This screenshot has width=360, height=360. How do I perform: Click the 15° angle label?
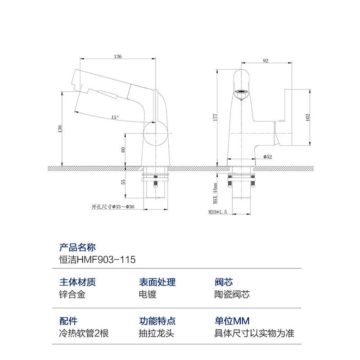(x=115, y=117)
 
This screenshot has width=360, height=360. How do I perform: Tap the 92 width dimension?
(x=265, y=61)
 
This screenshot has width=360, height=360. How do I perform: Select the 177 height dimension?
(x=215, y=117)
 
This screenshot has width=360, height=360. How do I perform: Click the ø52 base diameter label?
(x=268, y=157)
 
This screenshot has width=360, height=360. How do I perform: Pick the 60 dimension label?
(x=122, y=149)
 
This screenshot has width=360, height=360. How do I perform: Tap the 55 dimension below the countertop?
(x=122, y=182)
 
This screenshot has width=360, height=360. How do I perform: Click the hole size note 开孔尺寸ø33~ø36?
(x=113, y=207)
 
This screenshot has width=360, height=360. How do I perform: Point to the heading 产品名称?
(x=77, y=247)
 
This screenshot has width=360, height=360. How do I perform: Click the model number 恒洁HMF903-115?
(x=97, y=260)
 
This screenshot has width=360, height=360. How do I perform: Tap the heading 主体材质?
(x=77, y=283)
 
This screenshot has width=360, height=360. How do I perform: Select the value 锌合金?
(x=72, y=295)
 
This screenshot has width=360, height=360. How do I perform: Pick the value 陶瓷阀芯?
(x=232, y=295)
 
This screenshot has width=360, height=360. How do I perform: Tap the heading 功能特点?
(x=157, y=321)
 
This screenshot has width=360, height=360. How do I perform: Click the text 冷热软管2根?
(x=84, y=333)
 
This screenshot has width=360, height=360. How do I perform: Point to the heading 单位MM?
(x=231, y=321)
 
